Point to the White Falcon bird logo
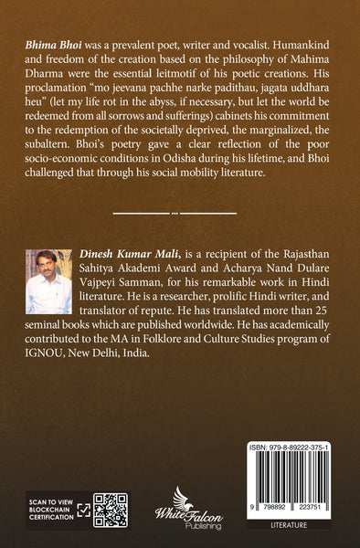pyautogui.click(x=180, y=506)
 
